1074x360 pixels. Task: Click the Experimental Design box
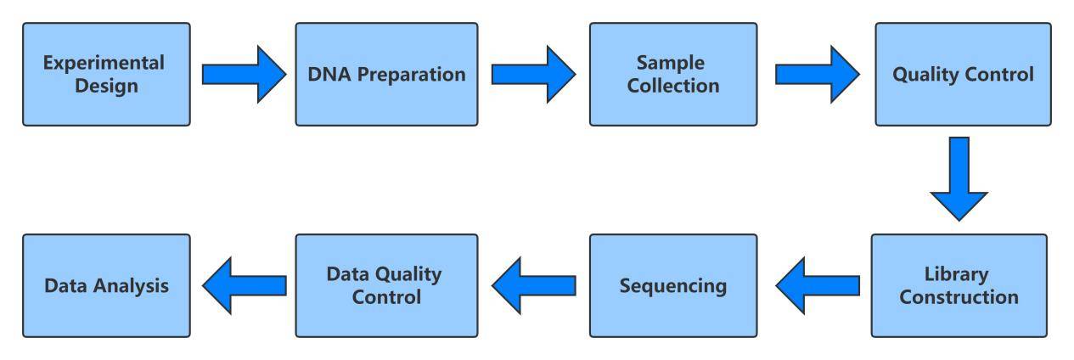click(106, 74)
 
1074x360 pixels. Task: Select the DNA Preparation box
click(386, 74)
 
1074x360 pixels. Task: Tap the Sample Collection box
click(673, 74)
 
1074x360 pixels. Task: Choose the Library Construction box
click(959, 285)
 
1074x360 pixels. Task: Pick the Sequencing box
click(673, 285)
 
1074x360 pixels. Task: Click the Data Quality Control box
click(386, 285)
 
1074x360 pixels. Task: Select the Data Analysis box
click(106, 285)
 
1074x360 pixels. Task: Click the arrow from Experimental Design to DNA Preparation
click(243, 74)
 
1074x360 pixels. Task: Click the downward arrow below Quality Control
click(959, 179)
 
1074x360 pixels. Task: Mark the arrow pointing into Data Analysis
click(243, 285)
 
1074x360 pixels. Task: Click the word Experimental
click(106, 64)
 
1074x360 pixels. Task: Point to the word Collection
click(673, 86)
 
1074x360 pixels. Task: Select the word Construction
click(959, 297)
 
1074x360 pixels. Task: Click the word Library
click(959, 275)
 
